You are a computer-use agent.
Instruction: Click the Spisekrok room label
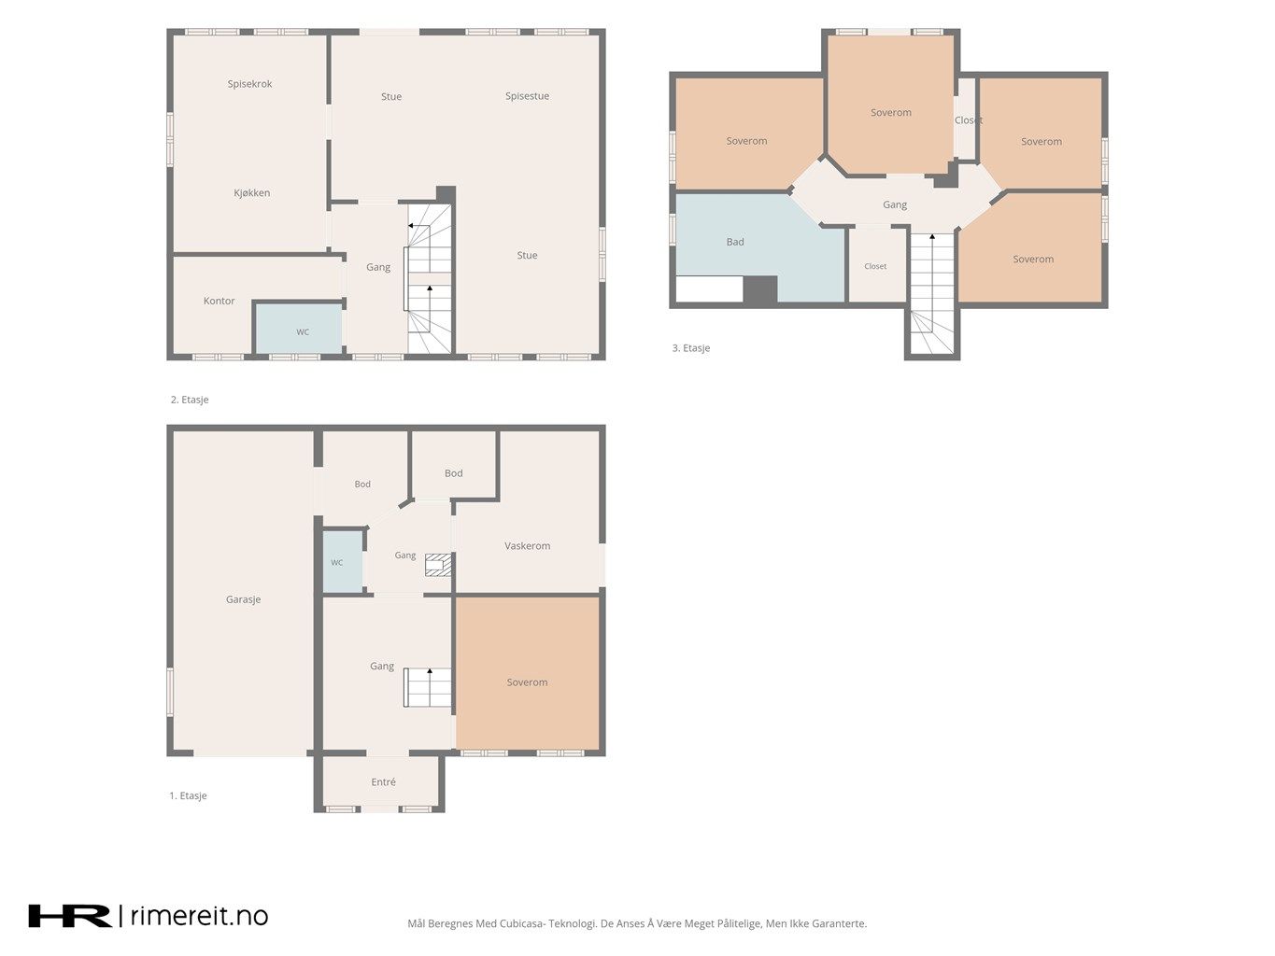click(249, 84)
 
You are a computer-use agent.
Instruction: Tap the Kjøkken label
click(251, 193)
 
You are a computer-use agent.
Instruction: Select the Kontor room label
click(219, 301)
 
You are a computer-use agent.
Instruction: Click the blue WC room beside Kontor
click(299, 328)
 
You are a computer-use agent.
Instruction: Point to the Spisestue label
click(527, 96)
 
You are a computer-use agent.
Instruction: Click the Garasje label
click(243, 599)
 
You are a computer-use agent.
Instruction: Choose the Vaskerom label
click(527, 545)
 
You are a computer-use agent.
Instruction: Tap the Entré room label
click(383, 781)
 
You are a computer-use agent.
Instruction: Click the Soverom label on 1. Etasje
click(527, 682)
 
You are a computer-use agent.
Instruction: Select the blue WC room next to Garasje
click(343, 562)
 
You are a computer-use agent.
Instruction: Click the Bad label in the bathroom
click(735, 242)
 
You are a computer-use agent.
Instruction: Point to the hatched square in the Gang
click(438, 565)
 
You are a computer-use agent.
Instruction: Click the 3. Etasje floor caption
click(690, 348)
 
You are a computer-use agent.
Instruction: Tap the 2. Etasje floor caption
click(190, 400)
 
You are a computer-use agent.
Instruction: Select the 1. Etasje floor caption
click(188, 795)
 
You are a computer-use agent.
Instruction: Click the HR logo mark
click(70, 916)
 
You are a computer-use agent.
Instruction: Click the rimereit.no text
click(199, 916)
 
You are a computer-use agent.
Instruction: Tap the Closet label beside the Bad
click(875, 266)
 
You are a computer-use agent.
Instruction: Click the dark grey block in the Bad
click(760, 289)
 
